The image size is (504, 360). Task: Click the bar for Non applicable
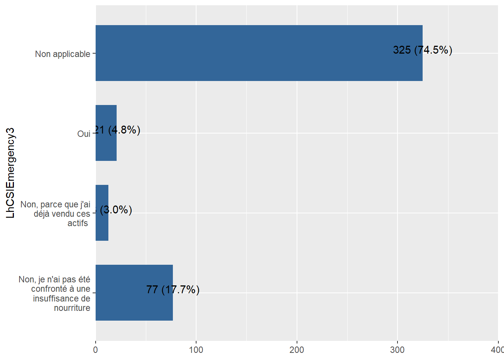coord(259,53)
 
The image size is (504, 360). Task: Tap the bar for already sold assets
coord(102,225)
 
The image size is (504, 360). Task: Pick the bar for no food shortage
coord(134,304)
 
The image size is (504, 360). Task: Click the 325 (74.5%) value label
coord(422,50)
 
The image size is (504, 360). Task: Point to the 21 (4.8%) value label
coord(117,130)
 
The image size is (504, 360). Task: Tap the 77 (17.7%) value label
coord(172,289)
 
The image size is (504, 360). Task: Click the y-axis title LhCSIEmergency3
coord(10,173)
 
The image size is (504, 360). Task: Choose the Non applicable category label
coord(63,54)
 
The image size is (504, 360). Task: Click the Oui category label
coord(84,134)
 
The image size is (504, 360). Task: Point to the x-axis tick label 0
coord(96,350)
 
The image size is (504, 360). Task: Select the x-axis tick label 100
coord(196,350)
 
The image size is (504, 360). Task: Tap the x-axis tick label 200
coord(297,350)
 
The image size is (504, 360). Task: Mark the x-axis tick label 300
coord(397,350)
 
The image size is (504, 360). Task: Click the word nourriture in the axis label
coord(72,308)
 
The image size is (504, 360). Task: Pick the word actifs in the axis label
coord(78,223)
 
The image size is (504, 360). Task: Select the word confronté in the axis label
coord(49,289)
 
